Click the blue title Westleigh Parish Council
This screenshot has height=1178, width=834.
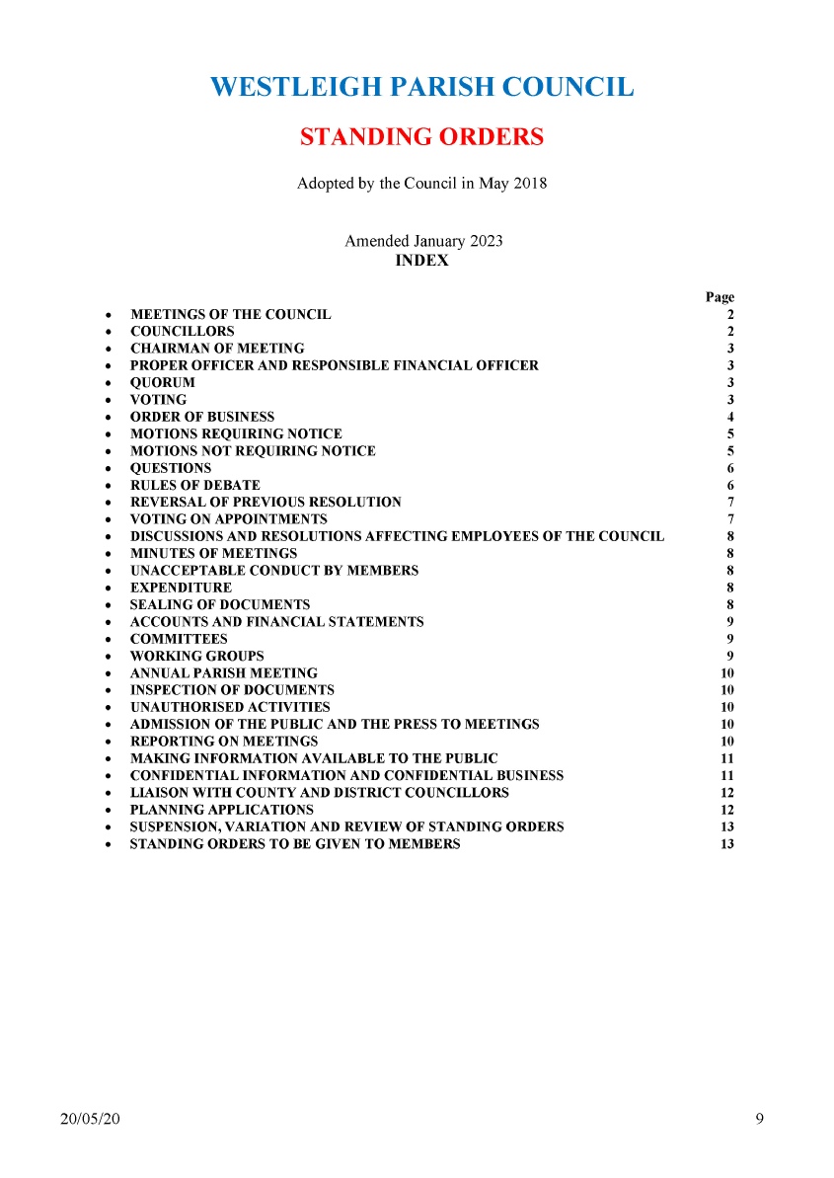tap(421, 87)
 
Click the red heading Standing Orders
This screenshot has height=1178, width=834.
tap(421, 137)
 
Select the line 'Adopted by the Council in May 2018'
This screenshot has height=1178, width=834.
tap(421, 184)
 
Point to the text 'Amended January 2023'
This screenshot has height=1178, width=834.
tap(422, 242)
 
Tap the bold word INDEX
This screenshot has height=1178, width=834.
tap(421, 262)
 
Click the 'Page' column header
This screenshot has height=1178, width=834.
tap(720, 297)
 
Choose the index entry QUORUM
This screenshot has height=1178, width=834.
tap(163, 383)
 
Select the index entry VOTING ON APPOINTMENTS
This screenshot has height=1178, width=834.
tap(228, 519)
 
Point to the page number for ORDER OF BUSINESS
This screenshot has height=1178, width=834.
tap(729, 418)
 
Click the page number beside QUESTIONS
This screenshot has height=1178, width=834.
tap(729, 469)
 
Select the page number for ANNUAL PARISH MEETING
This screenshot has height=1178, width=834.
tap(727, 673)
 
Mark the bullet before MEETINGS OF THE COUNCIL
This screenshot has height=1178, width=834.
tap(107, 316)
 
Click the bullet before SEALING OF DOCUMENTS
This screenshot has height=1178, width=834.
tap(107, 605)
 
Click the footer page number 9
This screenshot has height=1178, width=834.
tap(758, 1119)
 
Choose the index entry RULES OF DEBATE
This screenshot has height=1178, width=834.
tap(195, 486)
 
